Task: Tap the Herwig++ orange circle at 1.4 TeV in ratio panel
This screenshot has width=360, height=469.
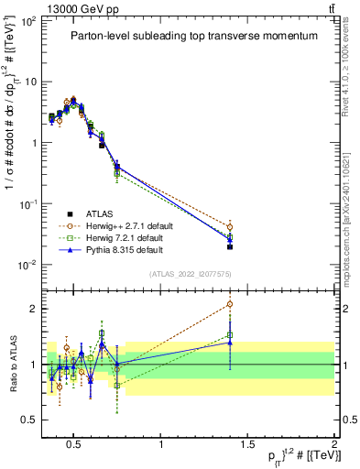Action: pos(230,304)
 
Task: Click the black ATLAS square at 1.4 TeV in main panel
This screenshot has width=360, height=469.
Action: pos(230,246)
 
